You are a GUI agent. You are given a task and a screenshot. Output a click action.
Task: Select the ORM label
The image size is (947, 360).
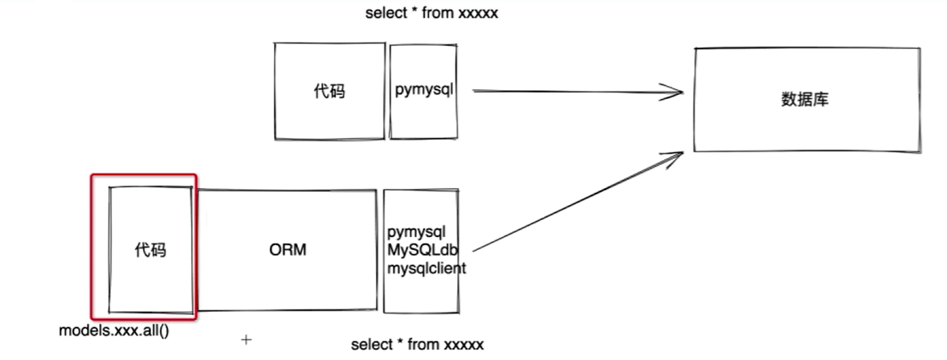tap(288, 250)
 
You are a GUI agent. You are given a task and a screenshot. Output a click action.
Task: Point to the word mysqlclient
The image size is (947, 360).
tap(427, 268)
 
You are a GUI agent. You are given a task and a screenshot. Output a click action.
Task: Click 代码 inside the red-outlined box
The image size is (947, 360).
tap(150, 250)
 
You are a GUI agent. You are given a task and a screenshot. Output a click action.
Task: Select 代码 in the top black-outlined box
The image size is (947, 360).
tap(329, 91)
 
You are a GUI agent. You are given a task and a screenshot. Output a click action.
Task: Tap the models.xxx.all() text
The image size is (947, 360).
tap(114, 330)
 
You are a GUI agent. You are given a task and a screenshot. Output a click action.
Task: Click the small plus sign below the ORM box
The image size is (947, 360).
tap(247, 339)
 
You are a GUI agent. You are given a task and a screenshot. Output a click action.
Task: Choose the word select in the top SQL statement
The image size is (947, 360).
tap(385, 14)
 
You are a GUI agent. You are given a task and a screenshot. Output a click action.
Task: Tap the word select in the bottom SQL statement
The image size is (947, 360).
tap(370, 345)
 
